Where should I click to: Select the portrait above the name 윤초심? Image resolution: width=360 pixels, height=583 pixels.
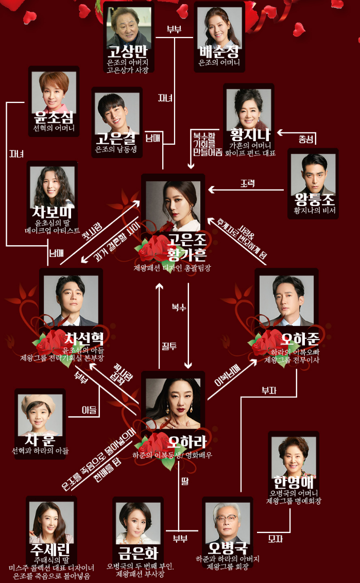[x=54, y=91]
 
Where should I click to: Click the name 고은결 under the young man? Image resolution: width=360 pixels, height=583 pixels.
[x=117, y=139]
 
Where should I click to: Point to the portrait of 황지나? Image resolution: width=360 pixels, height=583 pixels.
[x=249, y=109]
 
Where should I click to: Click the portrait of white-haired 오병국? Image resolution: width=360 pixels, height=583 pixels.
[x=227, y=521]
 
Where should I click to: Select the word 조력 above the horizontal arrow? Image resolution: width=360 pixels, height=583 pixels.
[x=248, y=183]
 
